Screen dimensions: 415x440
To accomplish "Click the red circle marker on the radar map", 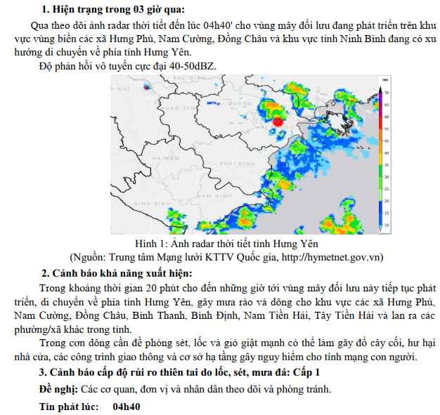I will click(x=278, y=121).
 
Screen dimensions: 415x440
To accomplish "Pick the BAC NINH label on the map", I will click(x=188, y=79).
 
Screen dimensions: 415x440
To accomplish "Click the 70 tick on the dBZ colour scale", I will click(x=386, y=92).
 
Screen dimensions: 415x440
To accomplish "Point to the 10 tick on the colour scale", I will click(x=386, y=225).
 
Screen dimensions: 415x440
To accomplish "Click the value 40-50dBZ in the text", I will click(x=192, y=67).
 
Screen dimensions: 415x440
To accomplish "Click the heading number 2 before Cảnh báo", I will click(x=44, y=273).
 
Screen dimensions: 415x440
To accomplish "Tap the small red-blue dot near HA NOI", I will click(x=146, y=88).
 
